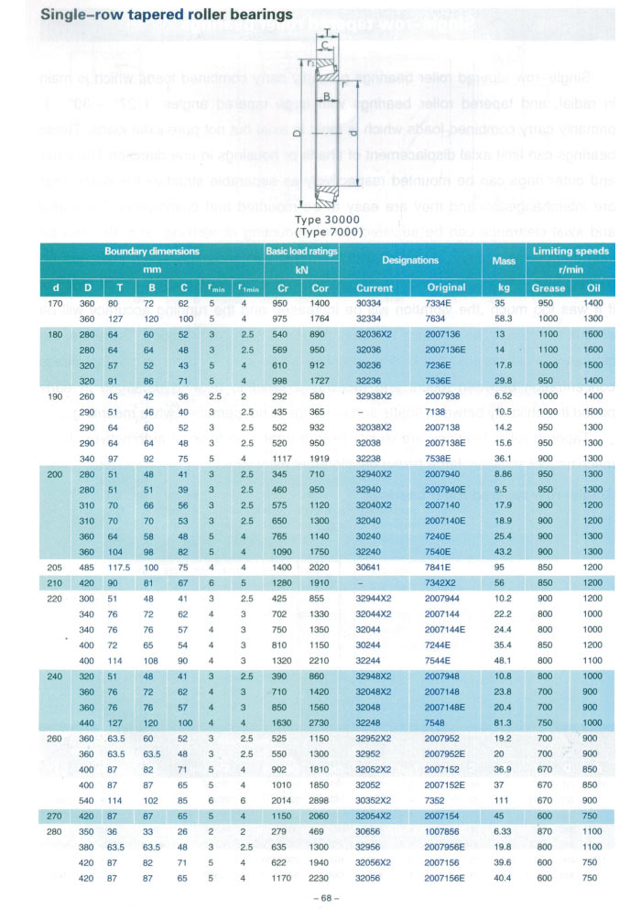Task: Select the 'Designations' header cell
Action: coord(409,260)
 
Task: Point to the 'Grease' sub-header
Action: coord(549,287)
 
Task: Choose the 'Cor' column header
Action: coord(320,287)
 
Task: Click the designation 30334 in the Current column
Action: coord(368,302)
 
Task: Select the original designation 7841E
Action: coord(446,567)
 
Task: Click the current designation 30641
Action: coord(368,567)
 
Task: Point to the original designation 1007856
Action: coord(446,831)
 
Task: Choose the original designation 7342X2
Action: coord(446,582)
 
